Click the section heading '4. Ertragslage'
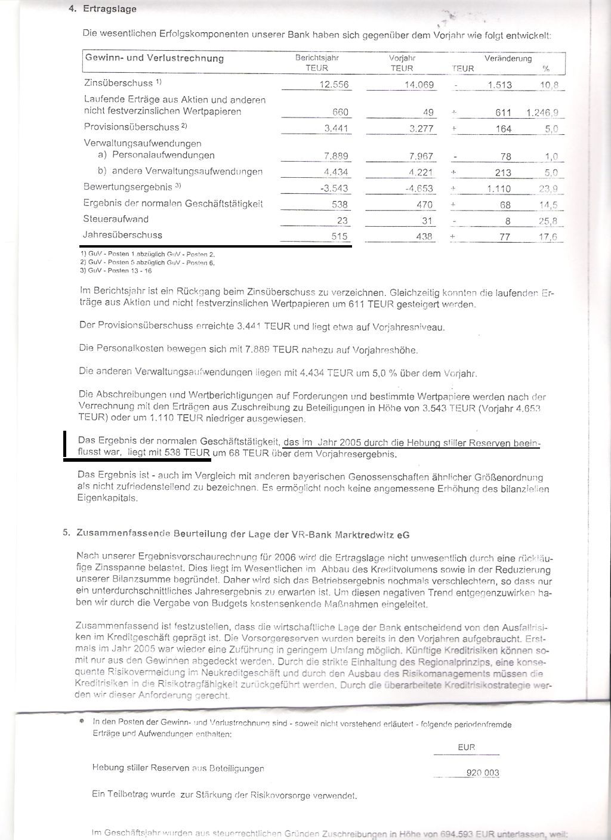pyautogui.click(x=103, y=9)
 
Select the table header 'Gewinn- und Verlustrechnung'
pyautogui.click(x=155, y=58)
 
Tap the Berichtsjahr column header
pyautogui.click(x=317, y=58)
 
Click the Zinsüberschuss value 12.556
pyautogui.click(x=334, y=85)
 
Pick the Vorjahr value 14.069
pyautogui.click(x=419, y=85)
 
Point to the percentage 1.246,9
pyautogui.click(x=542, y=113)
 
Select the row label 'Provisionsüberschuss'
pyautogui.click(x=131, y=127)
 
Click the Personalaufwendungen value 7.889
pyautogui.click(x=336, y=156)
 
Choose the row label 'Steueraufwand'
pyautogui.click(x=116, y=219)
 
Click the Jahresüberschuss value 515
pyautogui.click(x=340, y=236)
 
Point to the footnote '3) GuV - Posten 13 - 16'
pyautogui.click(x=116, y=271)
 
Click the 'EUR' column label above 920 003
pyautogui.click(x=466, y=747)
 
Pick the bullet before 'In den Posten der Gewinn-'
pyautogui.click(x=81, y=721)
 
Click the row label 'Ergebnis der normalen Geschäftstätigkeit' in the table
pyautogui.click(x=173, y=203)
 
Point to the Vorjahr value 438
pyautogui.click(x=425, y=236)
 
